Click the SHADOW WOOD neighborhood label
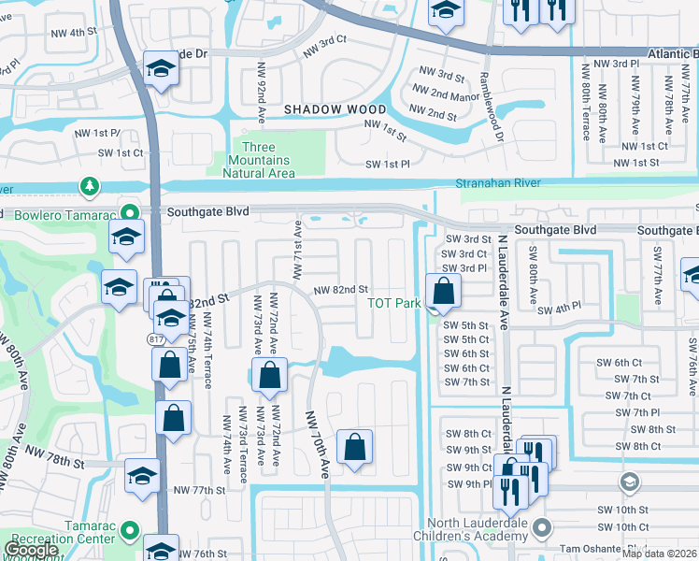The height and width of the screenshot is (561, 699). (322, 109)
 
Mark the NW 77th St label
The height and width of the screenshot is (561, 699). (200, 490)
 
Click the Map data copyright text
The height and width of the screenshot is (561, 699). (660, 554)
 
